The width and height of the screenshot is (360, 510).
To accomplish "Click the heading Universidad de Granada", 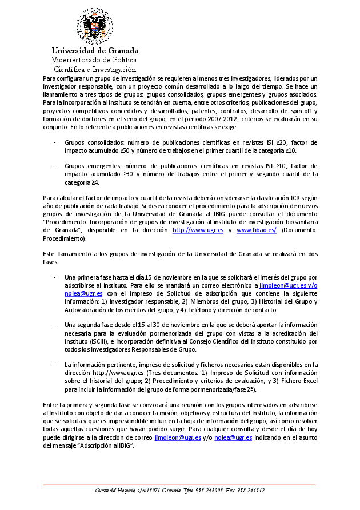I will coord(95,51).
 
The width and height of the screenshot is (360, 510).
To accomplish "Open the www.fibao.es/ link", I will coord(256,229).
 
